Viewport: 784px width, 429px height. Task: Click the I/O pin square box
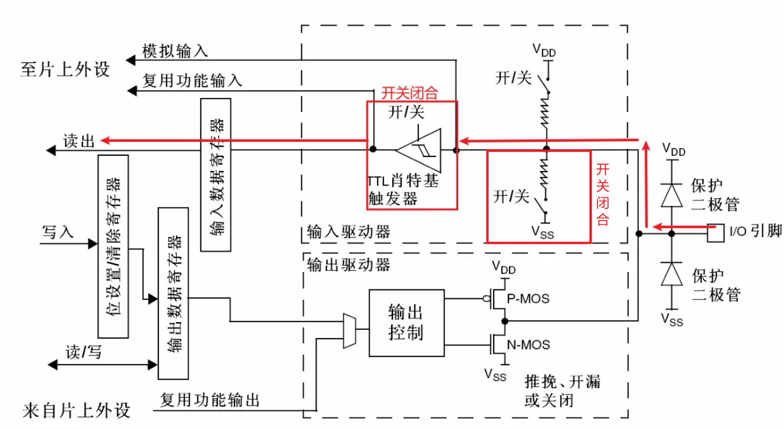[715, 233]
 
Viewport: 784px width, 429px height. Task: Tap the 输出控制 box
[406, 323]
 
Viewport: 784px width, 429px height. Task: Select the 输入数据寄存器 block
[215, 175]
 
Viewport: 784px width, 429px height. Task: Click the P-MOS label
[529, 299]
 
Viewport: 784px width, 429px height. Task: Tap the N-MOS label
[529, 345]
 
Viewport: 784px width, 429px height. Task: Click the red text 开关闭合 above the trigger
[409, 93]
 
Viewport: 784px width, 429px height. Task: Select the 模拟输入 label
[175, 51]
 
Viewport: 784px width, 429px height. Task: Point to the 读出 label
[79, 141]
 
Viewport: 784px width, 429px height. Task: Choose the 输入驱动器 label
[348, 232]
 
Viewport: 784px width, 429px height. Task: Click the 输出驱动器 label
[348, 264]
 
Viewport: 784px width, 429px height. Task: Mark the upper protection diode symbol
[672, 195]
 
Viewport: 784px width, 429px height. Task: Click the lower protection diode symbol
[672, 273]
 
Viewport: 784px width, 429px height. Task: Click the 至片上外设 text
[65, 70]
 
